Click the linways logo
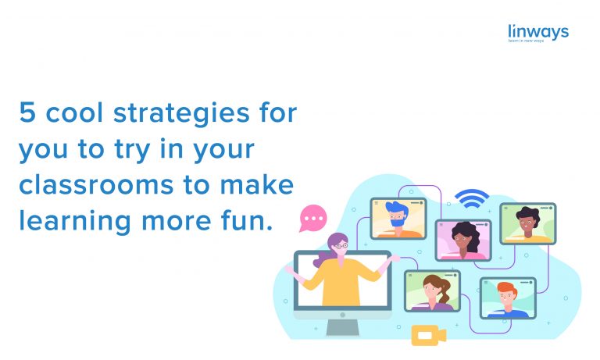pos(537,34)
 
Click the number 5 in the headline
pos(28,114)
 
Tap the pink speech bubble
pos(313,218)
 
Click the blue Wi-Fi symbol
pos(472,198)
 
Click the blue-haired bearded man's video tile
pos(398,218)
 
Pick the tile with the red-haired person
pos(508,298)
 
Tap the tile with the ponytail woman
pos(432,291)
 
